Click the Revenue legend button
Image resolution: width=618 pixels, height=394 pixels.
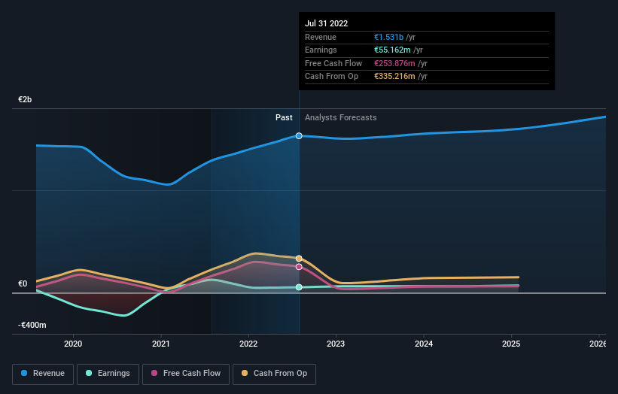tap(43, 373)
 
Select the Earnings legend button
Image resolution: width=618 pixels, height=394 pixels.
tap(108, 373)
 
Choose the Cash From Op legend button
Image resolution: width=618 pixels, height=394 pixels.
tap(275, 373)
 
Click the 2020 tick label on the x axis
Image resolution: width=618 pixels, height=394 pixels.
tap(73, 344)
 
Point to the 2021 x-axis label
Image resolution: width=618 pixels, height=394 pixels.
tap(161, 344)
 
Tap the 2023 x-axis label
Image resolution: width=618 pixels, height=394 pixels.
tap(336, 344)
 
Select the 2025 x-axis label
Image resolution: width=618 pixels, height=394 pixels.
tap(511, 344)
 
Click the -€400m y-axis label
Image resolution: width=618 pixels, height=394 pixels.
tap(32, 325)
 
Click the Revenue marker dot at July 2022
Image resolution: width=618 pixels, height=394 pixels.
tap(299, 136)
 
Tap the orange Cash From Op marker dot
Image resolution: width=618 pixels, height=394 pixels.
tap(299, 259)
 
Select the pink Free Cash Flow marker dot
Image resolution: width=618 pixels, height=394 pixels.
tap(299, 267)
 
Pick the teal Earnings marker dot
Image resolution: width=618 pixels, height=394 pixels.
tap(299, 287)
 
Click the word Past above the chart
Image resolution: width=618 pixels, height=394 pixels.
tap(284, 117)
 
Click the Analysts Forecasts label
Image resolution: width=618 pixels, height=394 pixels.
tap(341, 117)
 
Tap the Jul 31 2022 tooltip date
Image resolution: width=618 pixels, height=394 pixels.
tap(327, 24)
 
